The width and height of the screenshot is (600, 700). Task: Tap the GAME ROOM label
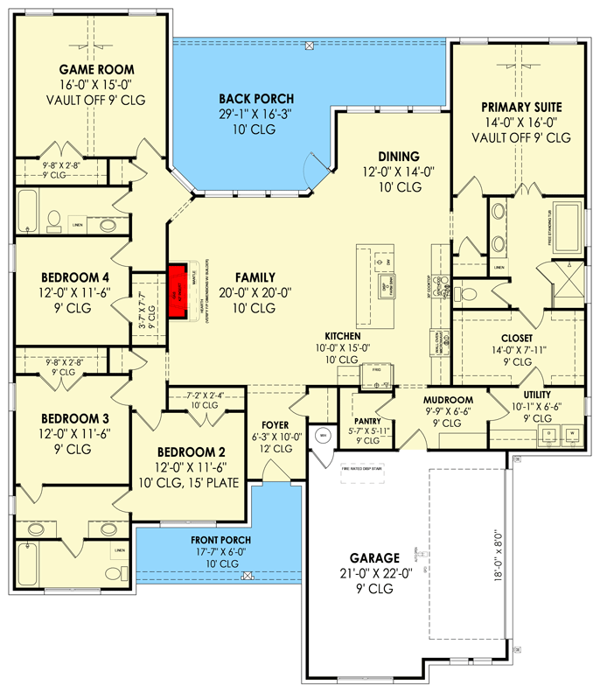pos(84,68)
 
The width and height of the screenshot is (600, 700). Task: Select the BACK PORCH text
pos(255,99)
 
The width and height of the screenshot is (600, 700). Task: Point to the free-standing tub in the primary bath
pos(569,228)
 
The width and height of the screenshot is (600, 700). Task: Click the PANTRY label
pos(366,407)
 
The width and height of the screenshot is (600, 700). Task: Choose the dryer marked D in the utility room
pos(549,433)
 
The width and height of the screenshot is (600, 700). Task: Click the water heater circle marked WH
pos(321,435)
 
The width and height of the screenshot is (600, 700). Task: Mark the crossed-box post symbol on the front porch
pos(248,576)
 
